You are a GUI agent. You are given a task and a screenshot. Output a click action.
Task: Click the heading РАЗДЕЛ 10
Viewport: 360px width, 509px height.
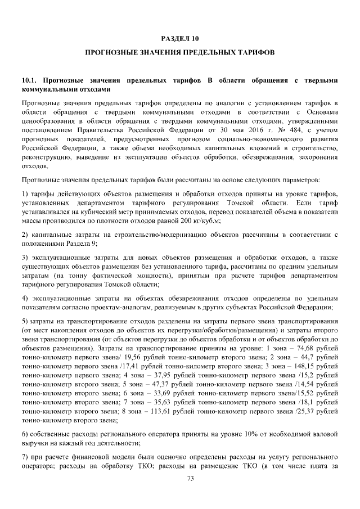(179, 39)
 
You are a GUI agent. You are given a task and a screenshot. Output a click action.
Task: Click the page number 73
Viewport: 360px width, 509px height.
(179, 479)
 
